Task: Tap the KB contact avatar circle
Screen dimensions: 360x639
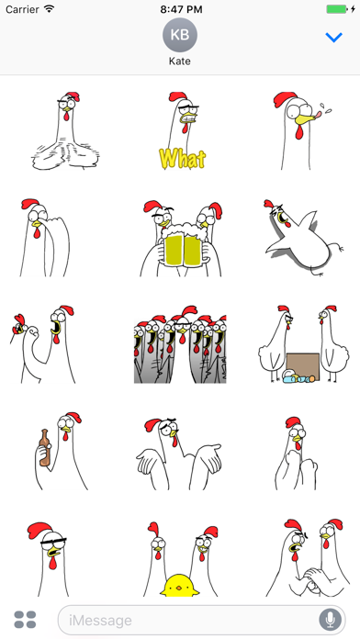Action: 180,35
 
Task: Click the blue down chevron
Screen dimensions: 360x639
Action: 333,38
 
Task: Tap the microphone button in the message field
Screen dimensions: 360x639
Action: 330,621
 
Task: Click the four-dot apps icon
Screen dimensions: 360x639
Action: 25,620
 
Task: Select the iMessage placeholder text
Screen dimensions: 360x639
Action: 100,621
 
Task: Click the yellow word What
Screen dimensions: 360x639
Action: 182,158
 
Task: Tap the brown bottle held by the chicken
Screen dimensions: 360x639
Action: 44,447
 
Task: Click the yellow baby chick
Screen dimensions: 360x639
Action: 179,586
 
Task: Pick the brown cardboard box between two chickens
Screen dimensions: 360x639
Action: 303,366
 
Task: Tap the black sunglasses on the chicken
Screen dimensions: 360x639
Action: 53,542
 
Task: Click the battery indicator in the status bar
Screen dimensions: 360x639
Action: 338,9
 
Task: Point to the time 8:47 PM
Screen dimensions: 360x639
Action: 181,9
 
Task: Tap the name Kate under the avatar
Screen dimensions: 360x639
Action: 180,62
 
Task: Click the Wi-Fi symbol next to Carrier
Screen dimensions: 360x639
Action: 50,8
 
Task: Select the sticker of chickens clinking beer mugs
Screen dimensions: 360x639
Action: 182,239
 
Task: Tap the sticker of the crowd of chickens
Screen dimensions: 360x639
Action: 180,345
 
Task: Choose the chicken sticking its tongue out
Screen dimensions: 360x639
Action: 302,130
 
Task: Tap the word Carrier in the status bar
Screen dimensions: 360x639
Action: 22,9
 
